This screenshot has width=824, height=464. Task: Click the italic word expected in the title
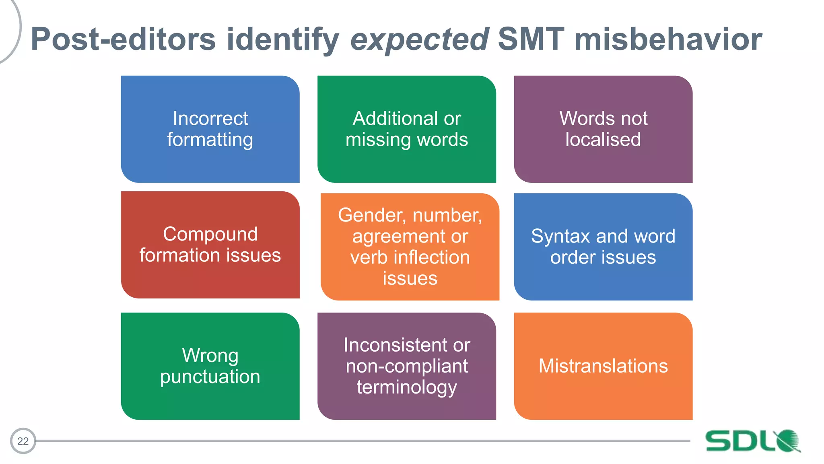coord(420,39)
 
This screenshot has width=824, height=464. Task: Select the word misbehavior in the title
coord(668,39)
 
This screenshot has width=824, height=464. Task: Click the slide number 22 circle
coord(23,441)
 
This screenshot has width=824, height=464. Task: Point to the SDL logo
coord(753,441)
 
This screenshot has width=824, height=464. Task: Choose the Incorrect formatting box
coord(210,129)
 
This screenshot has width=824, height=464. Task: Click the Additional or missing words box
coord(406,129)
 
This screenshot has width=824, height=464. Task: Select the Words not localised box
coord(603,129)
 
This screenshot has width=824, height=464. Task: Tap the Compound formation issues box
coord(210,244)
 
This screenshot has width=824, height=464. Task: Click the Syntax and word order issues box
coord(603,246)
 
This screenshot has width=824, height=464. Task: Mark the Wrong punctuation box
coord(210,366)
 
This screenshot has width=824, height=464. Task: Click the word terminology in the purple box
coord(406,387)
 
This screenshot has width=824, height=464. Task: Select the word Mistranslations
coord(603,366)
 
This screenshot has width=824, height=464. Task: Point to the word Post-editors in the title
coord(123,39)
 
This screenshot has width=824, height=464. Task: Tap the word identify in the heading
coord(283,39)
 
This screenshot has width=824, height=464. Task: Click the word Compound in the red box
coord(210,234)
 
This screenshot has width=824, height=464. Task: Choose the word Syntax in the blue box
coord(560,236)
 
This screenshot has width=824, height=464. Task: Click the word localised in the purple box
coord(603,139)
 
